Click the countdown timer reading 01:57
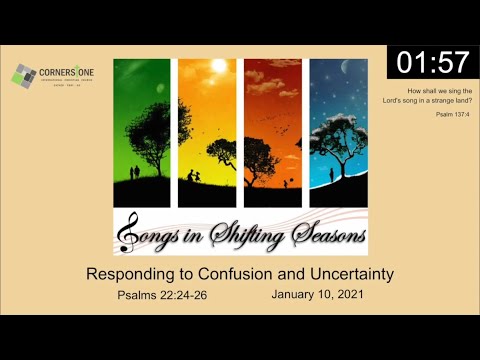click(433, 61)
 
